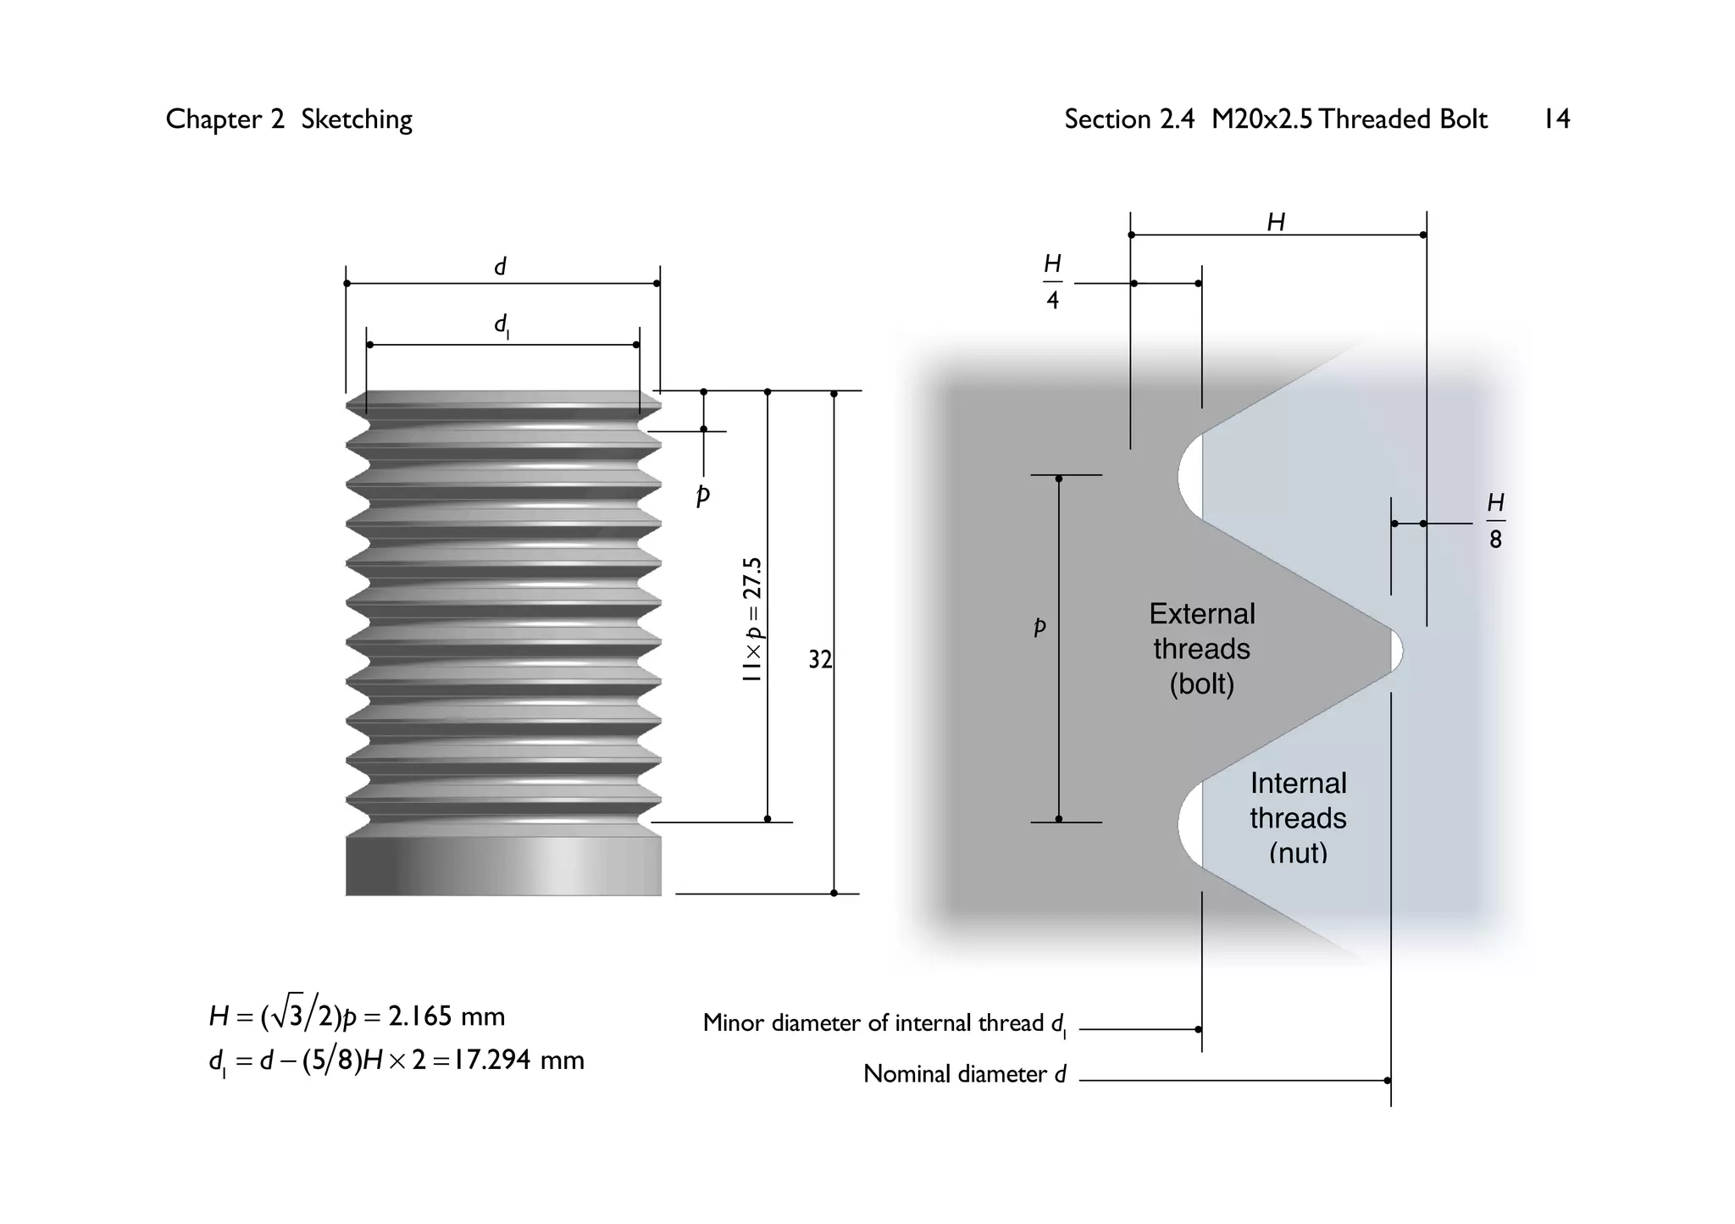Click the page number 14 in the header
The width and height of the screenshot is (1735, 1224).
1556,119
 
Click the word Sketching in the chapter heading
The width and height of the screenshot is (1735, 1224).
357,119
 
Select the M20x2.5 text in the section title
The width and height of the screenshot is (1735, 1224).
1261,119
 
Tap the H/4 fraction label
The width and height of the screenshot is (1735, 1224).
1052,282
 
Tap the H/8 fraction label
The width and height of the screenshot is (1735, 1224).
1495,521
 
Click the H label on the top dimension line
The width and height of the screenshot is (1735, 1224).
1276,222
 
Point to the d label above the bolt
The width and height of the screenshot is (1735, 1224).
500,267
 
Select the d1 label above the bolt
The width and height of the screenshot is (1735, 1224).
502,325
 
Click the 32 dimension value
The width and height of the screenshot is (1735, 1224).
819,659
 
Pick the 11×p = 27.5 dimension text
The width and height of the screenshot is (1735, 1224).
752,620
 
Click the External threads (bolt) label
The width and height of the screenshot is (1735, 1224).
1201,649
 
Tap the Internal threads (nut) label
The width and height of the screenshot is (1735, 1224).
1298,817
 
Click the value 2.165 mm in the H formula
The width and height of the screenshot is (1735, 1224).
446,1016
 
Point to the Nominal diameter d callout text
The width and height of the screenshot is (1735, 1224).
964,1074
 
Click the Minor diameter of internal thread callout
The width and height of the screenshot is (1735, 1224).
884,1023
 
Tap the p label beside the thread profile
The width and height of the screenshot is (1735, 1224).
1039,627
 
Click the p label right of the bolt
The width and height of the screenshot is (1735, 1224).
702,496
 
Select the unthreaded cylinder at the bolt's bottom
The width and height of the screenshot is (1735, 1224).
503,866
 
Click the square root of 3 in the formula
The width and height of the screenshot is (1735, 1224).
287,1015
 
